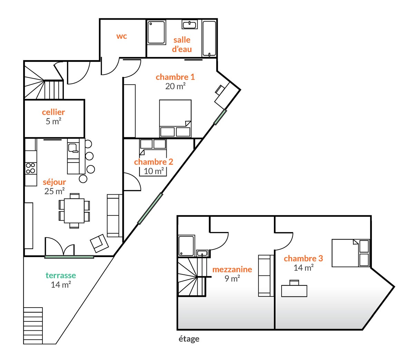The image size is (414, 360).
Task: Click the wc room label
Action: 121,36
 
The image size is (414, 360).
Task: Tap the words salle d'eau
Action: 182,44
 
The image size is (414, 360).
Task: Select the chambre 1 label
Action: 175,77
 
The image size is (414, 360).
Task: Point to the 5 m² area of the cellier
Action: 53,121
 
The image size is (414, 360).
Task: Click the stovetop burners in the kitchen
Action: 31,168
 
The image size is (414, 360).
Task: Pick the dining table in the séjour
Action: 74,211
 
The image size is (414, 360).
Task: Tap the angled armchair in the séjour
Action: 99,243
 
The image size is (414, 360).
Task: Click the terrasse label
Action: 61,275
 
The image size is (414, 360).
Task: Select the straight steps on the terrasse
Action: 33,325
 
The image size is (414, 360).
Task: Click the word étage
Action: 189,339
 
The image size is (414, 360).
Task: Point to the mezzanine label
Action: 232,269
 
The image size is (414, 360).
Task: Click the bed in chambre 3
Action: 351,253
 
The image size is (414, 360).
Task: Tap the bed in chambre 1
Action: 175,119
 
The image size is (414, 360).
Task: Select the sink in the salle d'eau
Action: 189,25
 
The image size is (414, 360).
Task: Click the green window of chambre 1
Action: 220,117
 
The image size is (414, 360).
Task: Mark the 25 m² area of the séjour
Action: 55,191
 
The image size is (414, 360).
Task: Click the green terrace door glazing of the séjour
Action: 69,257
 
